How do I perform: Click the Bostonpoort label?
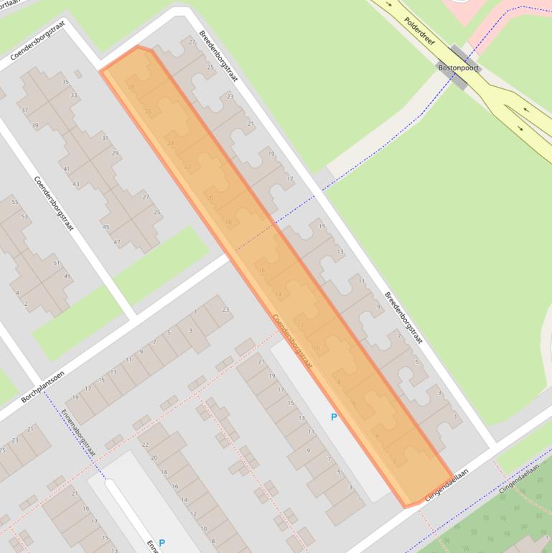[x=458, y=68]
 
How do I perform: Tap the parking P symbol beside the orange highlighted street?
[x=333, y=417]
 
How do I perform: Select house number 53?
[x=24, y=217]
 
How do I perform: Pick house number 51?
[x=57, y=263]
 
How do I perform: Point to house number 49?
[x=67, y=277]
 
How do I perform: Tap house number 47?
[x=117, y=242]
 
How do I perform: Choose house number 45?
[x=106, y=228]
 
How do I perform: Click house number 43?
[x=76, y=185]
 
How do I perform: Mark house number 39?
[x=35, y=126]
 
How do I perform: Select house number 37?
[x=24, y=111]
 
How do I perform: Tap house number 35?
[x=66, y=83]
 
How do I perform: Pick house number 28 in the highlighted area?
[x=131, y=88]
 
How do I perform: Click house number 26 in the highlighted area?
[x=148, y=112]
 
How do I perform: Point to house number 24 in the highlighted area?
[x=170, y=144]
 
